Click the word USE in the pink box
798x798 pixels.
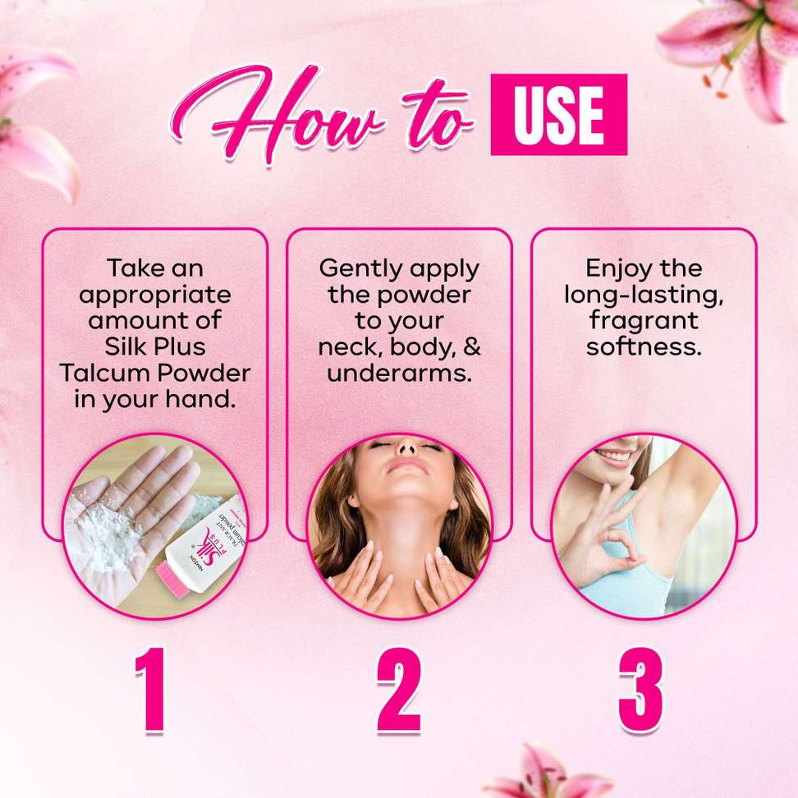coord(558,114)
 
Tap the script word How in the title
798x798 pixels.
coord(277,114)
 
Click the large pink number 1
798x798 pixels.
coord(151,690)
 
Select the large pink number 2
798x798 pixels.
coord(399,690)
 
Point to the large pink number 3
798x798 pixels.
coord(640,690)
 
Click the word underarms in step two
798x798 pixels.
coord(399,373)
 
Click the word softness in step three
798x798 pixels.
coord(644,347)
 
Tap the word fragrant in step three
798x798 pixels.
coord(644,322)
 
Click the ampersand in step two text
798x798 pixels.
coord(472,346)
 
